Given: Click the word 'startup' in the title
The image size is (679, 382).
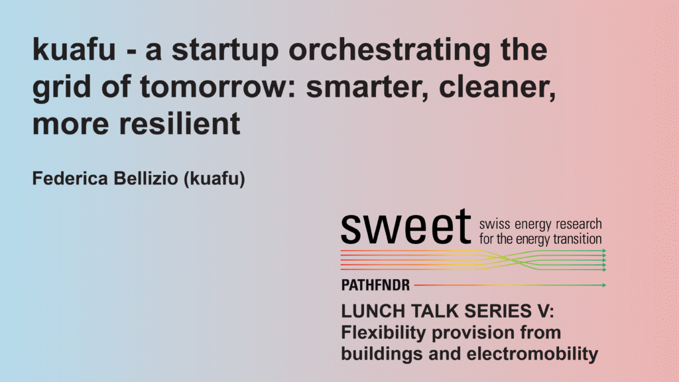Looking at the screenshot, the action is [x=225, y=50].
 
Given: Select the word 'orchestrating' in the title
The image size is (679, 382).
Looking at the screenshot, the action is [x=390, y=50].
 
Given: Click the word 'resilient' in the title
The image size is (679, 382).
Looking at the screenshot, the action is [x=179, y=124].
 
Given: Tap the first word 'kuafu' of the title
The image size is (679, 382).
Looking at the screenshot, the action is [x=74, y=49].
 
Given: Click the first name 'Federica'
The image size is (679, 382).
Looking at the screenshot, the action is [x=70, y=178].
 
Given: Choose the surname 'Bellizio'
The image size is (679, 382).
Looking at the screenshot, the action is [x=146, y=178].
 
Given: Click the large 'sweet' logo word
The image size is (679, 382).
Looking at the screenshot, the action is [x=406, y=227].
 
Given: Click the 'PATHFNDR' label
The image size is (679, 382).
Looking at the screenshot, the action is [x=375, y=285].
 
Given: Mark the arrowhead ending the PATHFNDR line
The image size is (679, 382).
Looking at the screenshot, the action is [x=604, y=285].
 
